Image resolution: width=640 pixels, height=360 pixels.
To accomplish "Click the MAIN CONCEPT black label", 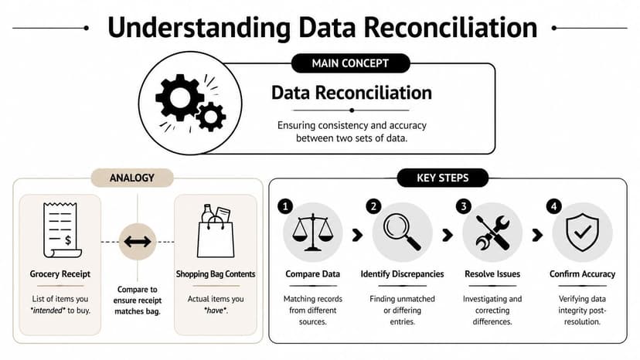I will pos(350,63).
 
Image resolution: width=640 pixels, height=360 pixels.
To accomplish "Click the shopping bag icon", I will pos(216,231).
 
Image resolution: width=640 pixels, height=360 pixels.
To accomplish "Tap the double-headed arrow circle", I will pos(138,242).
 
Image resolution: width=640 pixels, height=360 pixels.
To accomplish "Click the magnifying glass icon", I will pos(402,231).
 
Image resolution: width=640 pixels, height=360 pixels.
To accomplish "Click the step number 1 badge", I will pos(285,207).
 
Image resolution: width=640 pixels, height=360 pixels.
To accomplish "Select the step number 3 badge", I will pos(463,207).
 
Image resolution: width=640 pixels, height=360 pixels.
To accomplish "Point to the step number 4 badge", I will pos(553,207).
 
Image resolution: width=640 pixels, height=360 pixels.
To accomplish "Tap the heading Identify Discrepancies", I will pos(402,274).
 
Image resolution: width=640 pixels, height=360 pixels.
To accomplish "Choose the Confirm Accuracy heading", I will pos(582,274).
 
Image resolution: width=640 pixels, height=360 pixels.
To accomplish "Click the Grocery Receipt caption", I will pos(60,274).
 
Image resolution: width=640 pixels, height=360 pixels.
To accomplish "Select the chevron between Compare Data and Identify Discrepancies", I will pos(357,234).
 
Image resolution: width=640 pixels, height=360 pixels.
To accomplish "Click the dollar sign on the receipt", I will pos(68,240).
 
